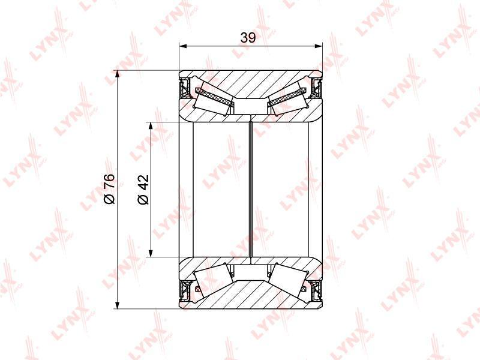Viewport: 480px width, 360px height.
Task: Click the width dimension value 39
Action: (x=248, y=38)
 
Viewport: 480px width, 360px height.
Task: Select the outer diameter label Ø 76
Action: (x=109, y=188)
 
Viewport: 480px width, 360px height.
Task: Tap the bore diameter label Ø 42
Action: (x=143, y=189)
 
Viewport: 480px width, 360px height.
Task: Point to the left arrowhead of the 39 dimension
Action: (x=183, y=46)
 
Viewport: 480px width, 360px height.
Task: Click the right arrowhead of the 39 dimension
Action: (x=319, y=46)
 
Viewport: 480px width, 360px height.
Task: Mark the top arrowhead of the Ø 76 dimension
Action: (x=118, y=74)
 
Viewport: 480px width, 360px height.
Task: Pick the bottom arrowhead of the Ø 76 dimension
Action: (x=118, y=305)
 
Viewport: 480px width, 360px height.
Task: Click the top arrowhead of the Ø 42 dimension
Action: (x=151, y=126)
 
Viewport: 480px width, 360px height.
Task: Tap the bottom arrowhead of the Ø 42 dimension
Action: (x=151, y=253)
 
